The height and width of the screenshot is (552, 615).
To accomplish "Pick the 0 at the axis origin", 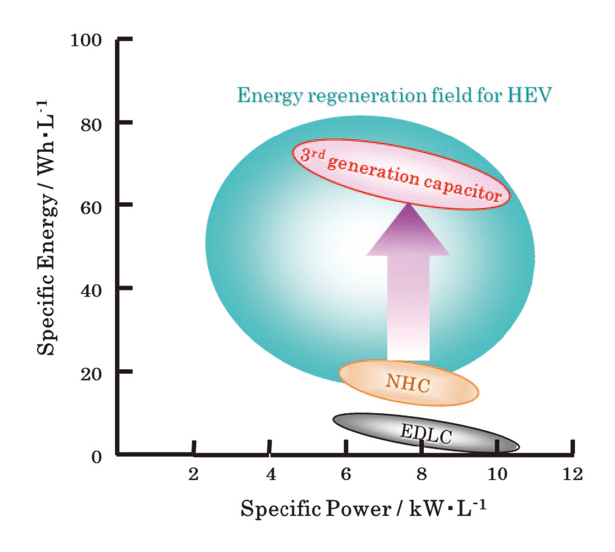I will click(x=96, y=457).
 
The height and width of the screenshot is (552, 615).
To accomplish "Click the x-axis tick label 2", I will click(x=194, y=473).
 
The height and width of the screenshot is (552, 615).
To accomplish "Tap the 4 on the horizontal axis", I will click(x=270, y=473).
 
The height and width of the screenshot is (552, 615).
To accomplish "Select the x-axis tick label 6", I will click(x=346, y=473).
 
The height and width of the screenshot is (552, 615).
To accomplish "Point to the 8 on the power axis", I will click(x=421, y=473).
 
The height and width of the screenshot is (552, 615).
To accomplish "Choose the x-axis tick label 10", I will click(x=497, y=473).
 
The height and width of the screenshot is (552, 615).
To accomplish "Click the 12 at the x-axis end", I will click(x=573, y=473).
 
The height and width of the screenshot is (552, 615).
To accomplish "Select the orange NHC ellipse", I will click(x=409, y=383).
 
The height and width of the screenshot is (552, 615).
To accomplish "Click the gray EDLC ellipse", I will click(x=426, y=433).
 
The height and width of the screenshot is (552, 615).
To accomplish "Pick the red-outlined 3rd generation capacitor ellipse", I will click(x=401, y=173).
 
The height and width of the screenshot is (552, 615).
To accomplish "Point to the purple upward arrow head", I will click(x=409, y=233).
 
